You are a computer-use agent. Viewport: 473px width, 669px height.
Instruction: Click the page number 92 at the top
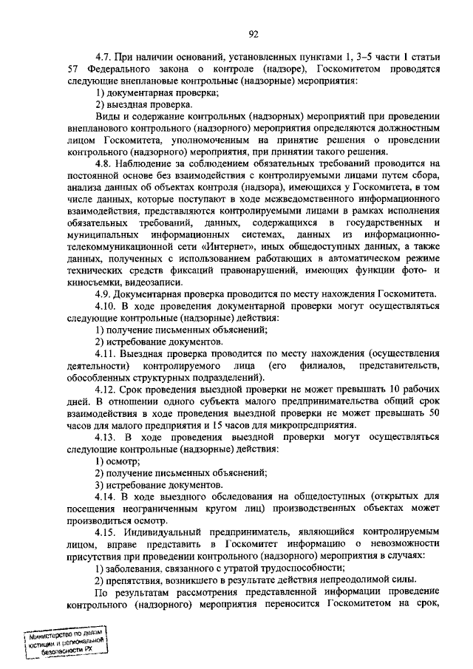click(x=253, y=33)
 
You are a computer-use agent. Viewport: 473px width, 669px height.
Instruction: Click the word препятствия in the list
click(x=137, y=580)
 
